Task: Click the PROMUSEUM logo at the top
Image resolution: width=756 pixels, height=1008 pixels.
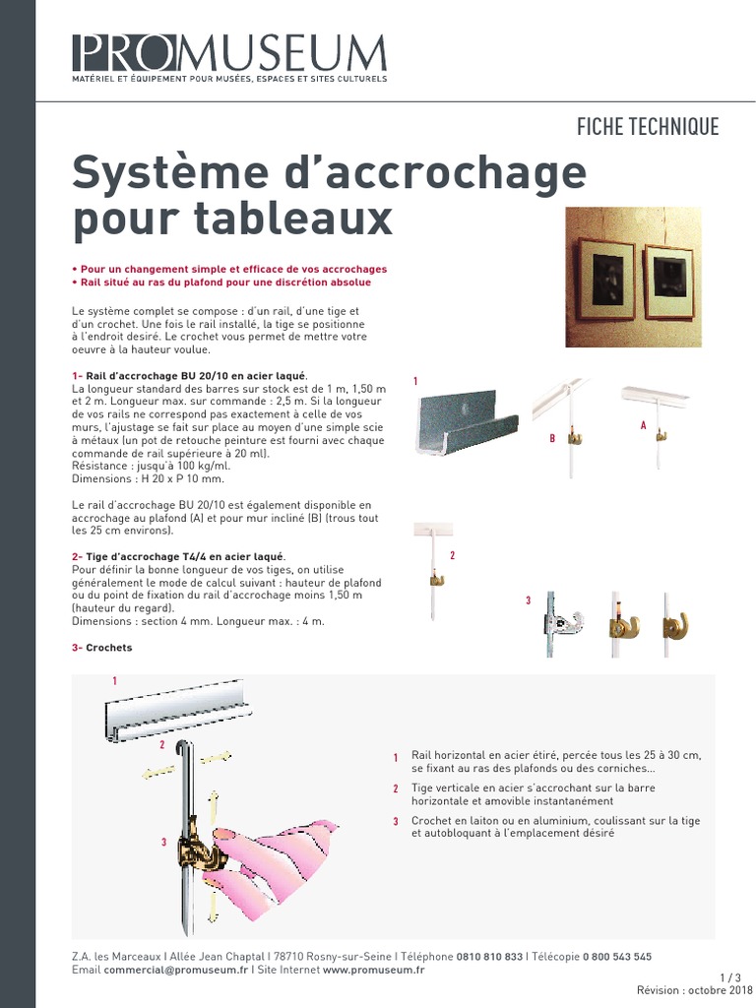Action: pos(229,57)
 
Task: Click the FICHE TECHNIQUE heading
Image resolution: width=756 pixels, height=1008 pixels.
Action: pos(648,127)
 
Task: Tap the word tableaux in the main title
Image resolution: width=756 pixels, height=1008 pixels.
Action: pos(293,218)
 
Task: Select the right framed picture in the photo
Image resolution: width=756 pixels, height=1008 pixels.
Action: pos(668,281)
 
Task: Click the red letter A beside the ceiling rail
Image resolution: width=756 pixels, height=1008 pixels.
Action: pos(643,425)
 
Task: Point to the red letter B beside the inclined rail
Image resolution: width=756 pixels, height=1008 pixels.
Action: pos(551,438)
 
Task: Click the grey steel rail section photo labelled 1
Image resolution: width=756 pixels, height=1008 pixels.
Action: pos(468,421)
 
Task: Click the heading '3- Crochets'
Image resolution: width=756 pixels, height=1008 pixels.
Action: pos(101,648)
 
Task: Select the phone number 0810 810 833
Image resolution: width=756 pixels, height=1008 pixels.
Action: pos(489,957)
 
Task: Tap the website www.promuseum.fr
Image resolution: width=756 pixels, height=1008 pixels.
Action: pos(373,970)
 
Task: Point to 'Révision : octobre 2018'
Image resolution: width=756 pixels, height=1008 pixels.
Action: pos(694,990)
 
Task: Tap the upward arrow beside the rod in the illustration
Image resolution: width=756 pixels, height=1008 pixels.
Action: pos(214,807)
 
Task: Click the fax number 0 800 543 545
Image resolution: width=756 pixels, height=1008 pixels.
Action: pos(617,957)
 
